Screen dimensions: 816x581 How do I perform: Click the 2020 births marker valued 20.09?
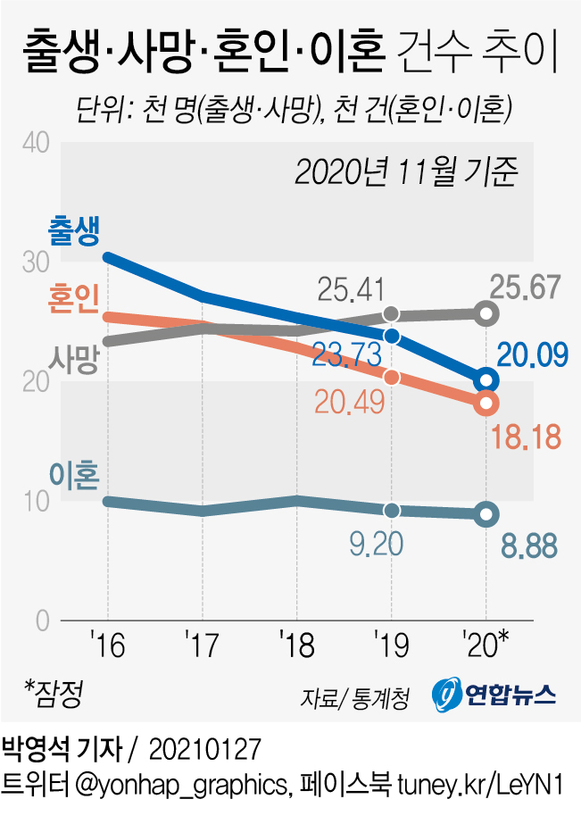pyautogui.click(x=486, y=380)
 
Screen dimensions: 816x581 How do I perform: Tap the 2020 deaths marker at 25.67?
pyautogui.click(x=486, y=312)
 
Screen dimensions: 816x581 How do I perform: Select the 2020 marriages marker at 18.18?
pyautogui.click(x=486, y=404)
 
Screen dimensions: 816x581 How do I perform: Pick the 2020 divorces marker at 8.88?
pyautogui.click(x=486, y=513)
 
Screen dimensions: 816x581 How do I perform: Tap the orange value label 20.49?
pyautogui.click(x=350, y=403)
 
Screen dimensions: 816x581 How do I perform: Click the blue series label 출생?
pyautogui.click(x=75, y=229)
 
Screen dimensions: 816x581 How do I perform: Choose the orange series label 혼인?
pyautogui.click(x=75, y=299)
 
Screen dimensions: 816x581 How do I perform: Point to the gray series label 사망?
pyautogui.click(x=75, y=360)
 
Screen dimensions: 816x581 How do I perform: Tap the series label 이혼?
pyautogui.click(x=75, y=472)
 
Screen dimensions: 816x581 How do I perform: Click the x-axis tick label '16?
pyautogui.click(x=107, y=645)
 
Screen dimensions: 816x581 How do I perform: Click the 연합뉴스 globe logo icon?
pyautogui.click(x=446, y=694)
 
